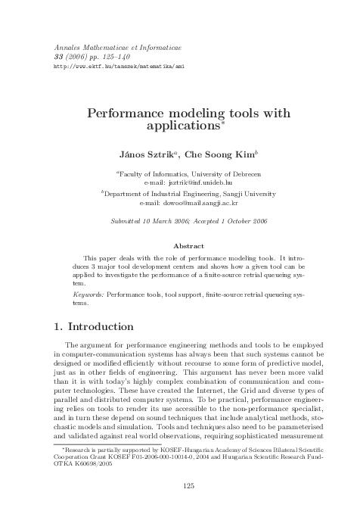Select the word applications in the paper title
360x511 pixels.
[x=178, y=126]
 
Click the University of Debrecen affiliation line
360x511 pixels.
[x=180, y=173]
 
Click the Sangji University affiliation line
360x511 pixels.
[x=180, y=194]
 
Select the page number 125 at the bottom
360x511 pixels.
[x=179, y=485]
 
